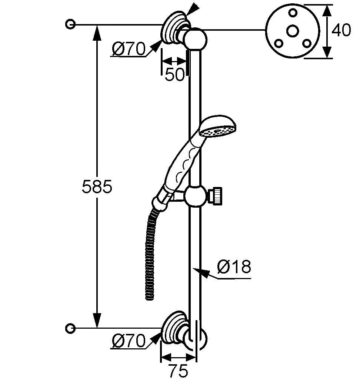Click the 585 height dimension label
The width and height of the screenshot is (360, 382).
pos(97,187)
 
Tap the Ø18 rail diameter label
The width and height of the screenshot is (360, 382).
pos(234,267)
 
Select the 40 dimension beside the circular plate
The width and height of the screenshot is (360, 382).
pos(341,31)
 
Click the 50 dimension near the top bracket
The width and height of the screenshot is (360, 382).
pos(174,75)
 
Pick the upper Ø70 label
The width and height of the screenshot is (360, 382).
pos(129,49)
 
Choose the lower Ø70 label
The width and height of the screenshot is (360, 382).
pos(129,341)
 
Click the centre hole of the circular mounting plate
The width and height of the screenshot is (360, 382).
pos(293,31)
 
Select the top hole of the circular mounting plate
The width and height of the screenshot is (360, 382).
pos(293,13)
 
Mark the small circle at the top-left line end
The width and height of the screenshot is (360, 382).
pos(70,24)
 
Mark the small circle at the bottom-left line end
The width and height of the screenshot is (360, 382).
pos(70,328)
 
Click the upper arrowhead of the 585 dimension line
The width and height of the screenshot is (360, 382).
pos(97,31)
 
